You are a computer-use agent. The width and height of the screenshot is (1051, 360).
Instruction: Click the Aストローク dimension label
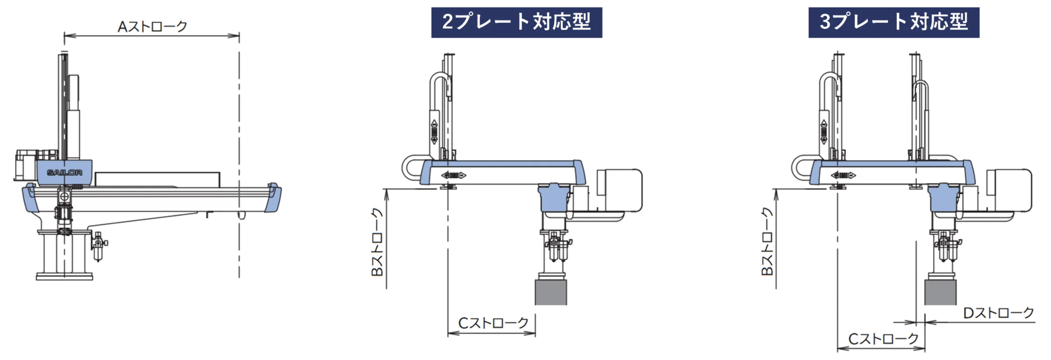tap(152, 26)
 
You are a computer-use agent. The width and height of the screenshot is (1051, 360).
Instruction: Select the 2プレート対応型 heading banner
tap(517, 22)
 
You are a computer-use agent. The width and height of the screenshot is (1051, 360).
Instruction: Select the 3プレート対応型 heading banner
tap(894, 22)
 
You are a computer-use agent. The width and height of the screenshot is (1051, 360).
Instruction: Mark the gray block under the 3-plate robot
tap(940, 292)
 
